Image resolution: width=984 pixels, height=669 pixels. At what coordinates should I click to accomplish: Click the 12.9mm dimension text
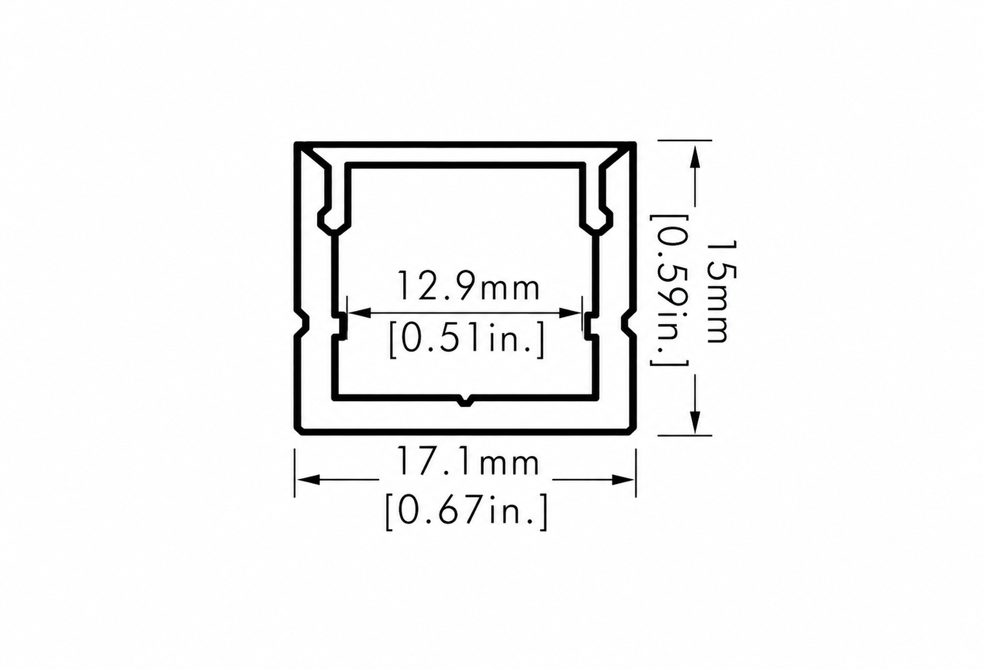468,287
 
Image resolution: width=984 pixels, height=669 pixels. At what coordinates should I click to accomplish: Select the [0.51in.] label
467,339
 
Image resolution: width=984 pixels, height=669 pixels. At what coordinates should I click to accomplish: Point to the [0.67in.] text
466,512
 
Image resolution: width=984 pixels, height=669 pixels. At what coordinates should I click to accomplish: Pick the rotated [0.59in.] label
669,291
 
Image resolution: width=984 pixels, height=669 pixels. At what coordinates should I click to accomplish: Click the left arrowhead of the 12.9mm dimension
359,313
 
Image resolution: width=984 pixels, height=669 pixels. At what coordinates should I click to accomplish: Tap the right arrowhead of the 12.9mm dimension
570,313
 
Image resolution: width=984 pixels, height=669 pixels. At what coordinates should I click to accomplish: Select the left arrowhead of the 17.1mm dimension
307,479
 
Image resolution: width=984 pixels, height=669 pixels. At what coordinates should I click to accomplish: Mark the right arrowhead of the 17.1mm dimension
623,479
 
